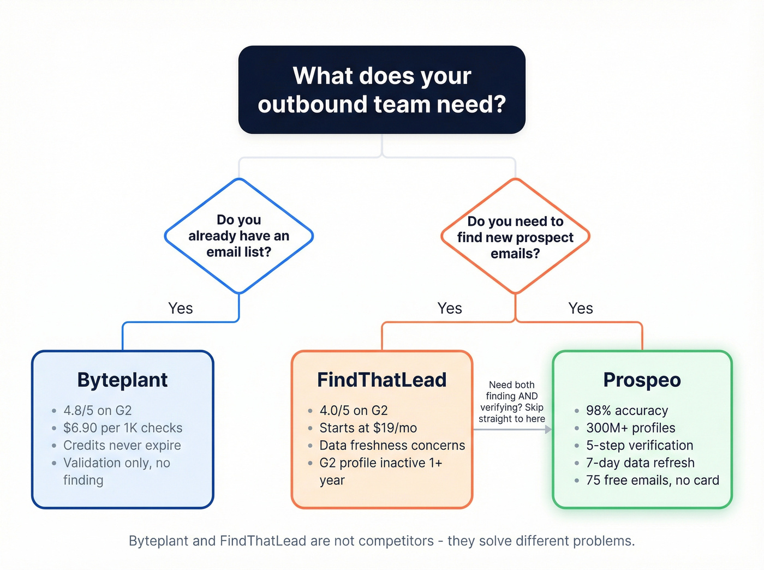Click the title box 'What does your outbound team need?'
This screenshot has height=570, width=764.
[x=381, y=90]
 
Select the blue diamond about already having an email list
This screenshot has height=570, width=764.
[x=238, y=236]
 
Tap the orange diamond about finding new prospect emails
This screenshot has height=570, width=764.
[x=515, y=237]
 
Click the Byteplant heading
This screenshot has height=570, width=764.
[x=122, y=380]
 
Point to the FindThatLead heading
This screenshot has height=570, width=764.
[x=381, y=380]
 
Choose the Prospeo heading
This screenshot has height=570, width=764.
[x=642, y=380]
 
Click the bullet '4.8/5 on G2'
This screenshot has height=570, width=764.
[x=97, y=410]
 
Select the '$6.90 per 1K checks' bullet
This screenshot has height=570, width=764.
[x=122, y=428]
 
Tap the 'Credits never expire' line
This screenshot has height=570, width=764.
[x=122, y=445]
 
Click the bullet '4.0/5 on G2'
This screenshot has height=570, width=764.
[x=353, y=410]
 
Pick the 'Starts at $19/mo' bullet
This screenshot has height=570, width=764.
[x=368, y=428]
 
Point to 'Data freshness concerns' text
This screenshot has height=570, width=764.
[x=392, y=445]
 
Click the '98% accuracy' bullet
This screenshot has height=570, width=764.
[x=626, y=410]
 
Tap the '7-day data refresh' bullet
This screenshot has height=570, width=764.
[x=640, y=463]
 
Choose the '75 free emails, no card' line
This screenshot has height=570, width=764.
[x=652, y=480]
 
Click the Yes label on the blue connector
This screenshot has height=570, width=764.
[x=180, y=308]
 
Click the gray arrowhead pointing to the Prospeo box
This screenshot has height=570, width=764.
[x=548, y=430]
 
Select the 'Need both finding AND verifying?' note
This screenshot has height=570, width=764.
[x=511, y=401]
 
